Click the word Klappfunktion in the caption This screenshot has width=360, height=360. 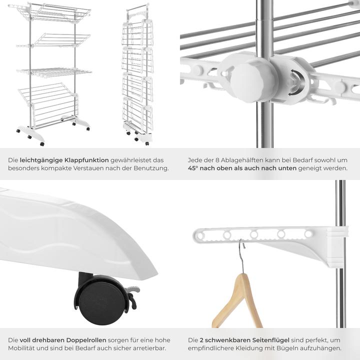[86, 160]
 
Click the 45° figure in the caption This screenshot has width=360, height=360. [193, 168]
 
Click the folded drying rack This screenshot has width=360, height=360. [138, 74]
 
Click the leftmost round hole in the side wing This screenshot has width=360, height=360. [200, 235]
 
